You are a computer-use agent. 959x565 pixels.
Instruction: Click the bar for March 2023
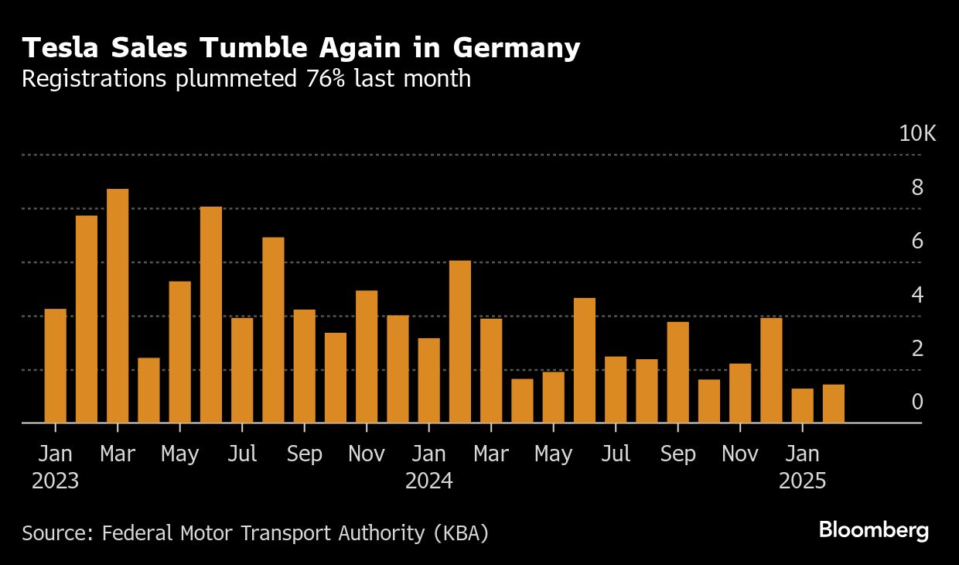[118, 306]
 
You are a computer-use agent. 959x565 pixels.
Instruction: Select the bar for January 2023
[56, 365]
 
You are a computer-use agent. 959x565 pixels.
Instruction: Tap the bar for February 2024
[460, 341]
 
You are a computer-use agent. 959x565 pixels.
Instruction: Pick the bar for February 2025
[834, 403]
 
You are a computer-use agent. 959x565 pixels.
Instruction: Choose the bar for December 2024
[771, 370]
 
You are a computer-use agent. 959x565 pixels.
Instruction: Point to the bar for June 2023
[211, 314]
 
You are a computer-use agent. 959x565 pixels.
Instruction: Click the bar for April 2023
[148, 390]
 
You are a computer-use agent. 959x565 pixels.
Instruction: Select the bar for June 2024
[585, 360]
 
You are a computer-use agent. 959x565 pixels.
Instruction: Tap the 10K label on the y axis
[917, 134]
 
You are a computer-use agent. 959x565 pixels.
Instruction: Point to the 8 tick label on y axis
[917, 187]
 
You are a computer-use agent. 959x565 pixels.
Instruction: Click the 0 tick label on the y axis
[917, 402]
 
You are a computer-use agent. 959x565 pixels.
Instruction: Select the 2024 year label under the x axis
[429, 481]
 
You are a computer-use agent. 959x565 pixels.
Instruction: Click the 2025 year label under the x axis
[803, 481]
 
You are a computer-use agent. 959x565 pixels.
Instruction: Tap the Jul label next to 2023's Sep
[242, 454]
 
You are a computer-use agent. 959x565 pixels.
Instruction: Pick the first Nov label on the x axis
[367, 454]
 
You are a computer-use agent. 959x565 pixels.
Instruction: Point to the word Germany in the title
[516, 49]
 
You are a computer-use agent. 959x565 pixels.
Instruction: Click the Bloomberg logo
[873, 531]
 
